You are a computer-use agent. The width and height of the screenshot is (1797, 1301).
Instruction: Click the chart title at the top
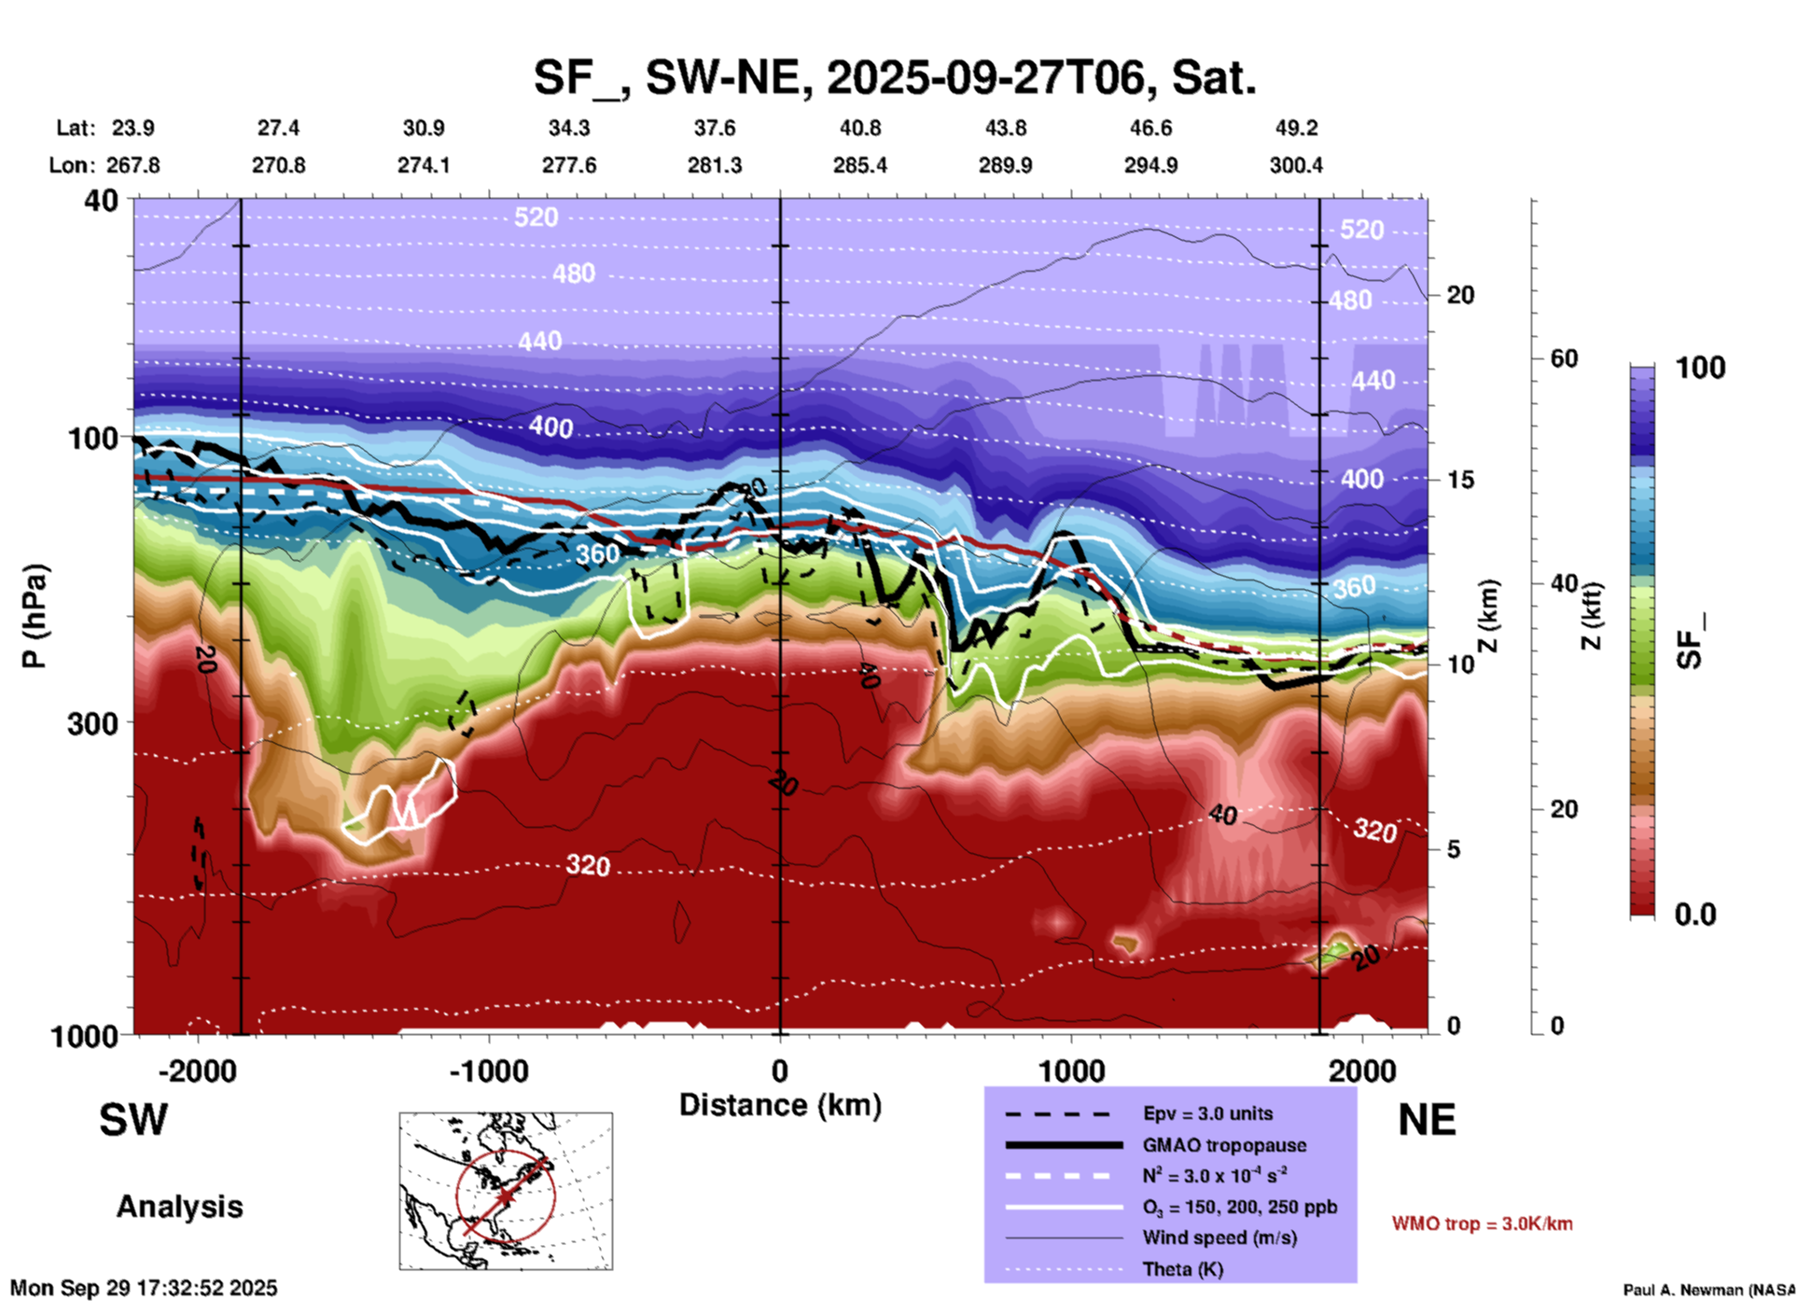click(x=895, y=77)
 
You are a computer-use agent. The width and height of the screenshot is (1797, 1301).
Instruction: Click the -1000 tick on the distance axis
click(x=489, y=1070)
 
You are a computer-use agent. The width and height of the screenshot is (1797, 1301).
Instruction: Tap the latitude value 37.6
click(x=714, y=128)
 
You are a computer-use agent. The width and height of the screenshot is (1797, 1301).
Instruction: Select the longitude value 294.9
click(x=1150, y=165)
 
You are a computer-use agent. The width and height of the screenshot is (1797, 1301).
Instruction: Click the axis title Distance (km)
click(x=780, y=1105)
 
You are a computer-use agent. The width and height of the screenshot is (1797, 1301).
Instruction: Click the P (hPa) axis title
click(x=35, y=616)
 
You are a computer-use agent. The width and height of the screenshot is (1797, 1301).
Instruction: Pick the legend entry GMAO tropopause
click(x=1224, y=1145)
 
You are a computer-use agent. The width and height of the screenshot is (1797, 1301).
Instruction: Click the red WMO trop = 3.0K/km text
click(x=1482, y=1224)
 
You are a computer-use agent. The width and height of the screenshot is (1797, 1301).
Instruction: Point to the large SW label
click(x=133, y=1120)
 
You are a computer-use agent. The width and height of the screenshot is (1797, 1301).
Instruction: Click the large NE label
click(x=1427, y=1120)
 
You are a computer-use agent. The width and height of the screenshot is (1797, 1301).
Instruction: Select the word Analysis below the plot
click(x=179, y=1207)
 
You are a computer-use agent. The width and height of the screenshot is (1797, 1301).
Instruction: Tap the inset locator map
click(x=506, y=1190)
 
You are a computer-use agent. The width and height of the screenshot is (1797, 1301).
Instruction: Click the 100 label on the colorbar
click(x=1700, y=368)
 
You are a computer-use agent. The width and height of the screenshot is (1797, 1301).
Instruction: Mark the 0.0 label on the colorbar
click(x=1695, y=915)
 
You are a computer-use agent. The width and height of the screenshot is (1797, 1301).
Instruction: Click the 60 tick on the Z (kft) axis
click(x=1564, y=358)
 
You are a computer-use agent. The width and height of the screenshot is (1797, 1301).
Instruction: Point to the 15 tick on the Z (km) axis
click(x=1459, y=480)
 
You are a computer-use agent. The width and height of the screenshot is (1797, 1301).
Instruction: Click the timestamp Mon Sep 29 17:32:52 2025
click(x=144, y=1288)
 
